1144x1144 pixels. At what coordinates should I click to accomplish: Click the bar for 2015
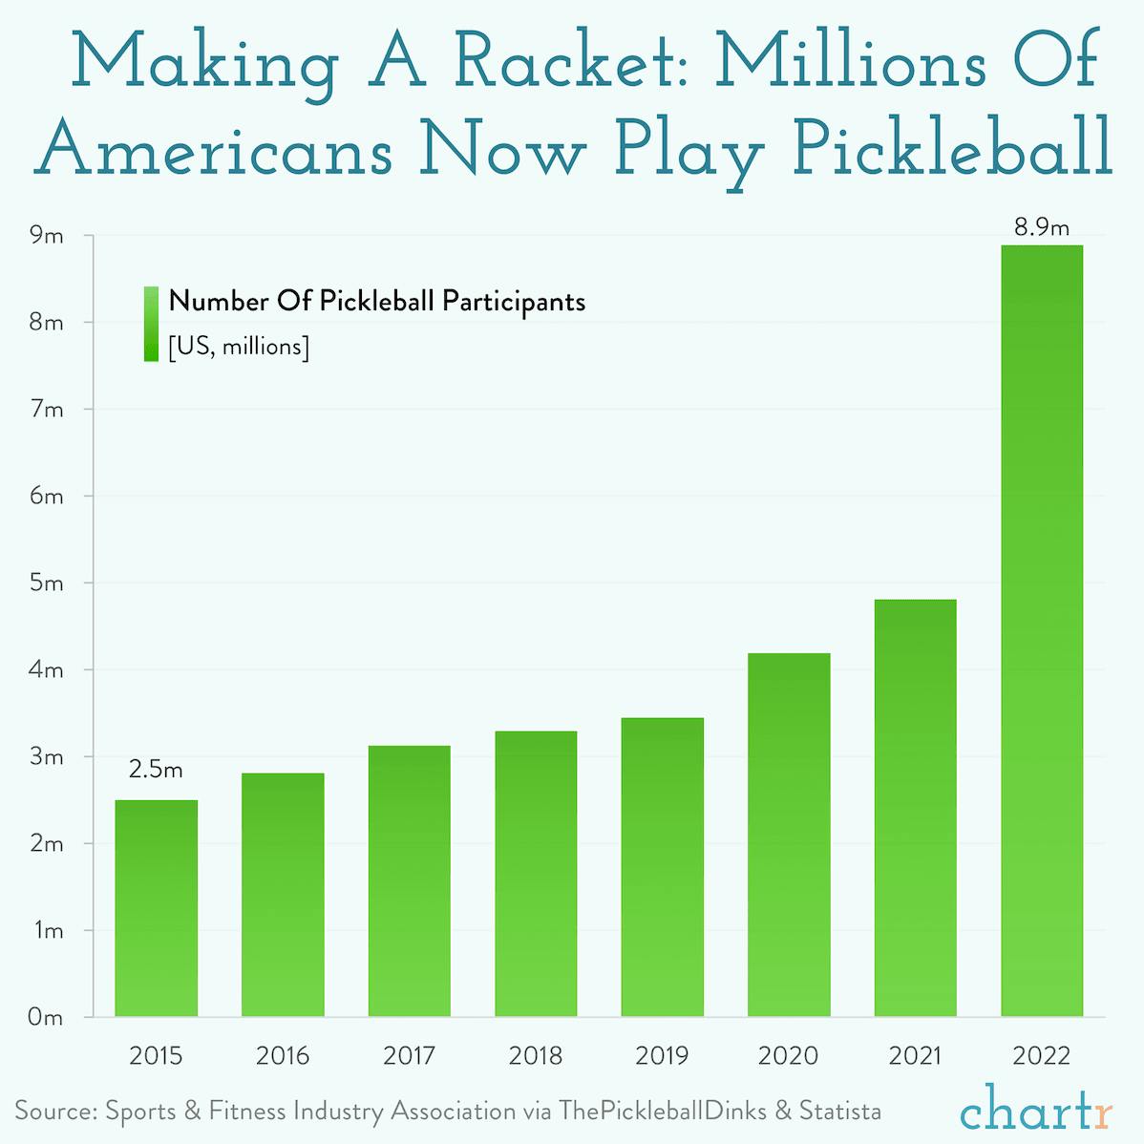tap(156, 907)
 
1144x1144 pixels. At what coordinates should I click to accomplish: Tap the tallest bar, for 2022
tap(1042, 630)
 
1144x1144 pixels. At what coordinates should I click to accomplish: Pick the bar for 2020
tap(789, 835)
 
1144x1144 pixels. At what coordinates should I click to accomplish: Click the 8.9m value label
tap(1042, 227)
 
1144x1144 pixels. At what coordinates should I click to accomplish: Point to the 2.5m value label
tap(156, 770)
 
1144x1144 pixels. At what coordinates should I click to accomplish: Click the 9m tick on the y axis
tap(46, 236)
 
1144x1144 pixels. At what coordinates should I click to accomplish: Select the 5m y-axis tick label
tap(46, 583)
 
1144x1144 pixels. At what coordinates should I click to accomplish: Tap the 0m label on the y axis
tap(46, 1018)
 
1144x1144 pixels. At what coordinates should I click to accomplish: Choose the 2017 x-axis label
tap(409, 1056)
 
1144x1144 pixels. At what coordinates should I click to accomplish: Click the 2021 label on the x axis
tap(915, 1056)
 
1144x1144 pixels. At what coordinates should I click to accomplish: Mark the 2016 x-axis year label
tap(283, 1056)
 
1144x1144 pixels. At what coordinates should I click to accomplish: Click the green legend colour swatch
tap(151, 324)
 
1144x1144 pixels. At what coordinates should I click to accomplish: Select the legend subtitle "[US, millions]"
tap(239, 347)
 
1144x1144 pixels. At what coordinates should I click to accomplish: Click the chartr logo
tap(1036, 1112)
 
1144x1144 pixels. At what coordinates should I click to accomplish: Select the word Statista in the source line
tap(839, 1112)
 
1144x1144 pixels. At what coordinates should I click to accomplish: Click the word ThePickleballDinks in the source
tap(663, 1112)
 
